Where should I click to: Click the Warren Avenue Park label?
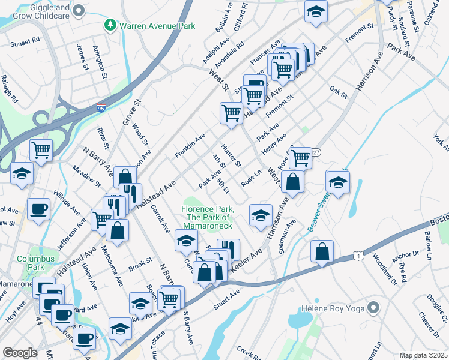pyautogui.click(x=158, y=26)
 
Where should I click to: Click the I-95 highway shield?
pyautogui.click(x=103, y=108)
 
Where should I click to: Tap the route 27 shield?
pyautogui.click(x=316, y=153)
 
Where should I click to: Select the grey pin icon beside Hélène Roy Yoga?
pyautogui.click(x=374, y=308)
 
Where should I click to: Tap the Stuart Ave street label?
pyautogui.click(x=226, y=299)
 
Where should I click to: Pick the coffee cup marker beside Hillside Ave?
pyautogui.click(x=39, y=209)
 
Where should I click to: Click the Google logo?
pyautogui.click(x=20, y=353)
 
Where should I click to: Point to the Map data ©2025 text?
pyautogui.click(x=423, y=355)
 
